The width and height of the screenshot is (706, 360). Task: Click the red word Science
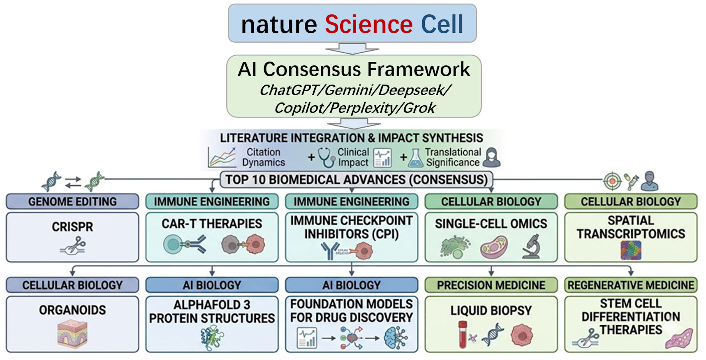click(369, 24)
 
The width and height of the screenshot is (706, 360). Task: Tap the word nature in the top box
click(279, 25)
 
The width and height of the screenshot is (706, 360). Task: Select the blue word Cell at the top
click(442, 24)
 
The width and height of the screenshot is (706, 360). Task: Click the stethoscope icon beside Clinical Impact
click(327, 157)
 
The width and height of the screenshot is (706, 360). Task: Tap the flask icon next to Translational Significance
click(416, 158)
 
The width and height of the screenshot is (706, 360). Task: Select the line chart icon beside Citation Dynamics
click(222, 157)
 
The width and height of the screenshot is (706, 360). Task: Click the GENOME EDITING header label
click(73, 201)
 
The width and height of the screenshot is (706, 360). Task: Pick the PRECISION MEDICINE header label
click(491, 285)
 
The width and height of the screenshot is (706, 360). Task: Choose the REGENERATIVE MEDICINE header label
click(631, 285)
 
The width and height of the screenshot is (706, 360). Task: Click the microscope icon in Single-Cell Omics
click(531, 246)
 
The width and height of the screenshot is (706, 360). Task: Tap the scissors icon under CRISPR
click(73, 245)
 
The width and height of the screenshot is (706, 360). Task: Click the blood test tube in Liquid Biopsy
click(463, 334)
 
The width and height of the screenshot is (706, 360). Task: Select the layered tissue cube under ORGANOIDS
click(73, 334)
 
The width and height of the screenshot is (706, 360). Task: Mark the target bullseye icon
click(612, 181)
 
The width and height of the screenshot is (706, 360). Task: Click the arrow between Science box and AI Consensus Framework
click(352, 49)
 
